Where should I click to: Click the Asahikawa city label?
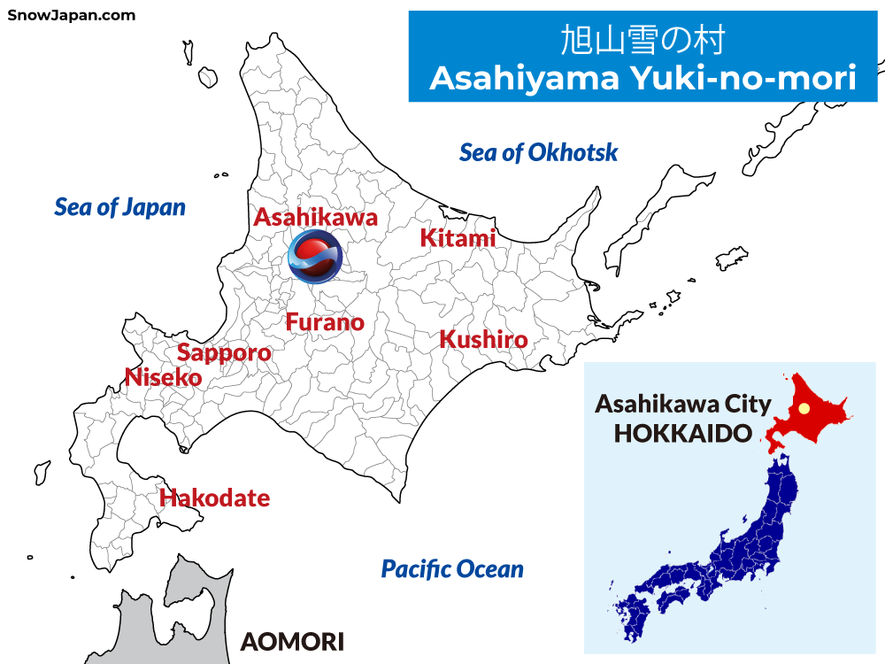(316, 217)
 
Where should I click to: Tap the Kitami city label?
(458, 238)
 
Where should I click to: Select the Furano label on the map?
(325, 322)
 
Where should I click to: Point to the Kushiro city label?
(483, 340)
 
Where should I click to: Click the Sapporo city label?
(224, 353)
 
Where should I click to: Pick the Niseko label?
(163, 377)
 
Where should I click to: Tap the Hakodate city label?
(214, 498)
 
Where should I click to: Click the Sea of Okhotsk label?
(538, 152)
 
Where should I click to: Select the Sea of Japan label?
(119, 207)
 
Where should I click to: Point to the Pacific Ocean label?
(452, 569)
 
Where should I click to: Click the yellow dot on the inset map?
(804, 409)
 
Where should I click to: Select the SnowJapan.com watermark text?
(72, 15)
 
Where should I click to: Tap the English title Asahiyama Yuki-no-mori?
(643, 79)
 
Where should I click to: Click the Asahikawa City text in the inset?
(682, 405)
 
